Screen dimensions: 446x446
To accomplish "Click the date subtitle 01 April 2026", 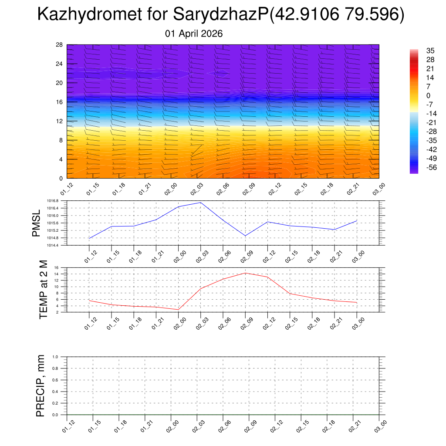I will [x=194, y=34].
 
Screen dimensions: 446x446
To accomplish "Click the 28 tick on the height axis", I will [x=60, y=45].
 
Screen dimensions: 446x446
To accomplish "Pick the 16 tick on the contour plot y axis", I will [x=60, y=102].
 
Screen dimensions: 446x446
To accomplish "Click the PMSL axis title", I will [x=36, y=223].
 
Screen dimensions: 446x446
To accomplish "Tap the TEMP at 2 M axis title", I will [x=43, y=290].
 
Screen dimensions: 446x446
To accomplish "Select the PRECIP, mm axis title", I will [x=41, y=386].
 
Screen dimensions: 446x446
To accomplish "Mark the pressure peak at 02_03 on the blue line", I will [x=201, y=203].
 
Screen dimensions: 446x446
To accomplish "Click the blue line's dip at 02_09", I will [x=245, y=236].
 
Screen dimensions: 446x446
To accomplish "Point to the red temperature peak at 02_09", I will [x=245, y=273].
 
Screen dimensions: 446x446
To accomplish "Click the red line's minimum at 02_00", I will [x=179, y=310].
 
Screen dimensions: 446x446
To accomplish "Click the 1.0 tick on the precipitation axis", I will [x=55, y=357].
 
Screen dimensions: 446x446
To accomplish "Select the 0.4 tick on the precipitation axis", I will [x=55, y=392].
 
